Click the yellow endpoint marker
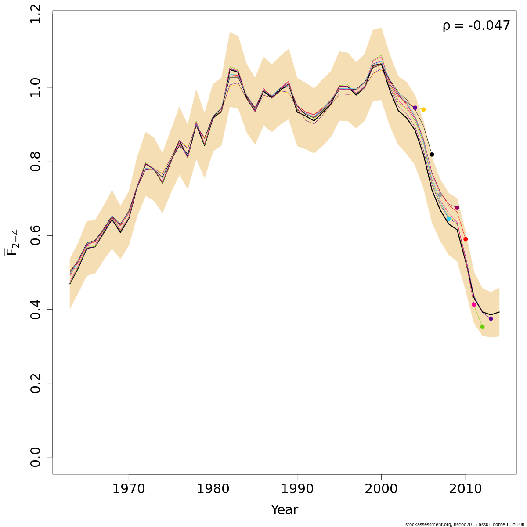click(423, 109)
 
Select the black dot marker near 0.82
click(432, 155)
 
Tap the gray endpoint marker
click(440, 195)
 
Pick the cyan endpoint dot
click(448, 219)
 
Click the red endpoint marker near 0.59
click(466, 239)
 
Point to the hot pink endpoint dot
click(474, 304)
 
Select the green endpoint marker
click(482, 327)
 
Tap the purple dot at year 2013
click(491, 318)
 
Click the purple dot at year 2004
click(415, 108)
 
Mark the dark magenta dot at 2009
click(457, 208)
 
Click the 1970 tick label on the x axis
click(129, 489)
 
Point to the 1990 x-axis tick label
click(297, 489)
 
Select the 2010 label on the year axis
click(465, 489)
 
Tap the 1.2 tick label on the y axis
click(36, 14)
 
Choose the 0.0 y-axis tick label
click(36, 457)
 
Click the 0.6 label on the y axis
click(36, 235)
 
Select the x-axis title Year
click(284, 510)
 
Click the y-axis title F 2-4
click(13, 242)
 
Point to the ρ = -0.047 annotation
click(476, 26)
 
